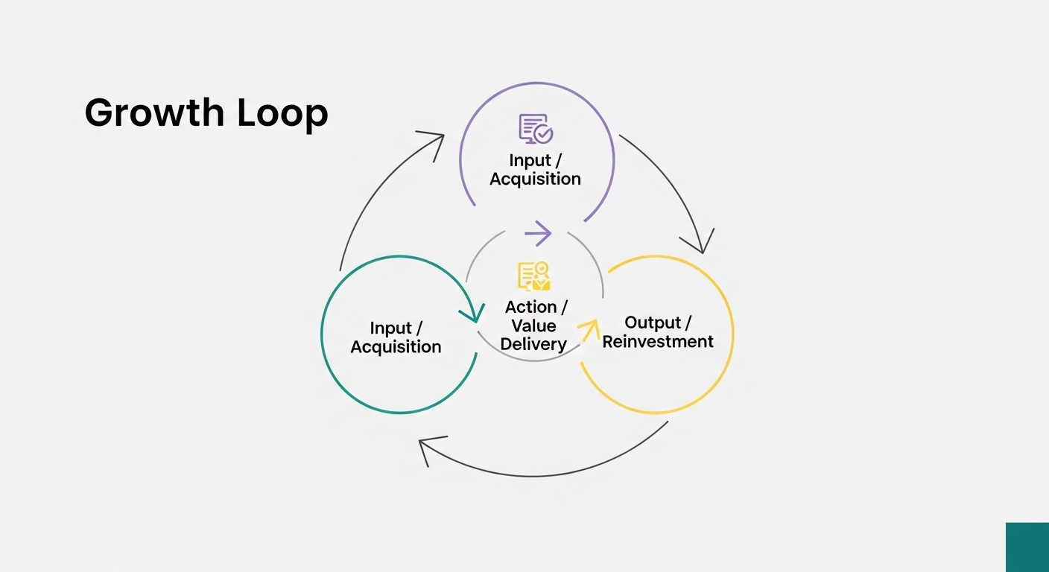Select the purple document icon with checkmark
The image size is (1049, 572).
[x=536, y=128]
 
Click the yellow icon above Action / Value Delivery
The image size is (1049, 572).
[x=534, y=276]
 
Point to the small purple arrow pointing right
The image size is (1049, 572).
[x=538, y=233]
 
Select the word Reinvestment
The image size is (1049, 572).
[x=658, y=342]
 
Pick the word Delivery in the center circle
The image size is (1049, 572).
[x=533, y=344]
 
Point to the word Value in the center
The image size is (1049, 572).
[x=533, y=325]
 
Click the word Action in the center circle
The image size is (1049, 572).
[x=530, y=307]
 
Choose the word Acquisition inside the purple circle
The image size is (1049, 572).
[x=535, y=179]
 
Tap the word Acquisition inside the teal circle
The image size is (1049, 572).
[x=396, y=347]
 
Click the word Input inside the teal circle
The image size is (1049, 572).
[x=390, y=328]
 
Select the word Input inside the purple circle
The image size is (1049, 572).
[x=530, y=160]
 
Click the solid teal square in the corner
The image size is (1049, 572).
[x=1027, y=547]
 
